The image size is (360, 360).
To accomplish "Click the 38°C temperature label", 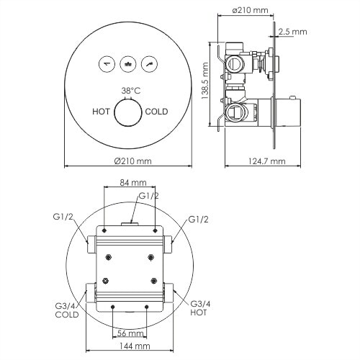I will [x=130, y=92].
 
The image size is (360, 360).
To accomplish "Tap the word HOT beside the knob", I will [x=102, y=112].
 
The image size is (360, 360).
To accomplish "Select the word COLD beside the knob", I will [x=158, y=112].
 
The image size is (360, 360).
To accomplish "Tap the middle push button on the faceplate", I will [x=129, y=63].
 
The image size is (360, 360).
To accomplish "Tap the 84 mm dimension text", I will [x=130, y=183].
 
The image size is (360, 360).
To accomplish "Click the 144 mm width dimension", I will [x=130, y=346].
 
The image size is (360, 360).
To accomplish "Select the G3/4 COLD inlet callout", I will [x=66, y=310].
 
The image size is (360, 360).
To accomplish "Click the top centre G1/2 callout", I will [x=149, y=195].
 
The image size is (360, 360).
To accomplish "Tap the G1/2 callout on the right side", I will [x=199, y=218].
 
